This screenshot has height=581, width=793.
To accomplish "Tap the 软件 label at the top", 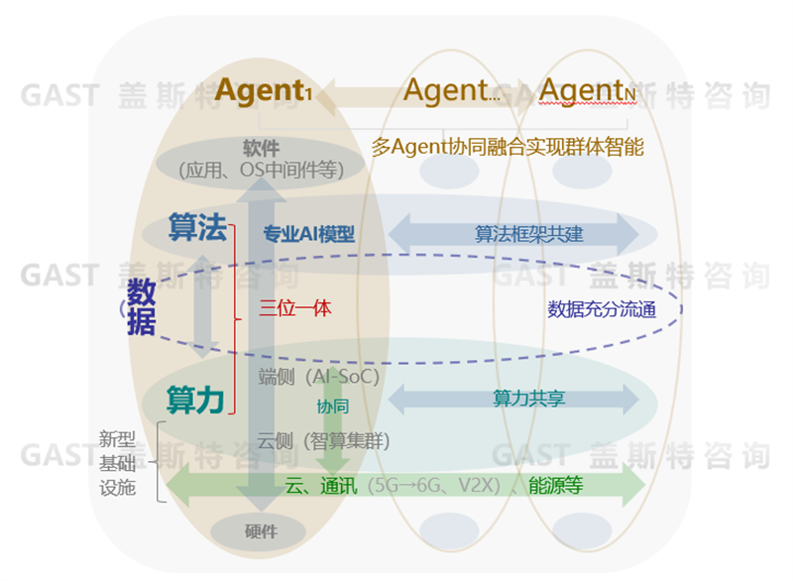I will tap(261, 148).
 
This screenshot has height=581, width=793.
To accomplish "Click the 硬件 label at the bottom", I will tap(261, 530).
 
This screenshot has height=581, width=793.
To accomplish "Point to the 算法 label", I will tap(196, 228).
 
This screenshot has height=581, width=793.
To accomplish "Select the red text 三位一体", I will tap(294, 307).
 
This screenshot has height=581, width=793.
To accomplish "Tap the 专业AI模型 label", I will tap(308, 234).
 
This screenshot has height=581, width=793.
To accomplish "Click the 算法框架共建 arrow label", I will tap(514, 234).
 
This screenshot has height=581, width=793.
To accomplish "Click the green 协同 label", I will tap(333, 407).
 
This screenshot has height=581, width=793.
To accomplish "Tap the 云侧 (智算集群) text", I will tap(323, 441).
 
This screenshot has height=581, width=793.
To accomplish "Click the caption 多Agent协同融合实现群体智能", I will tap(508, 148).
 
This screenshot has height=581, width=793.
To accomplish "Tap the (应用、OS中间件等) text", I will tap(261, 170).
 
